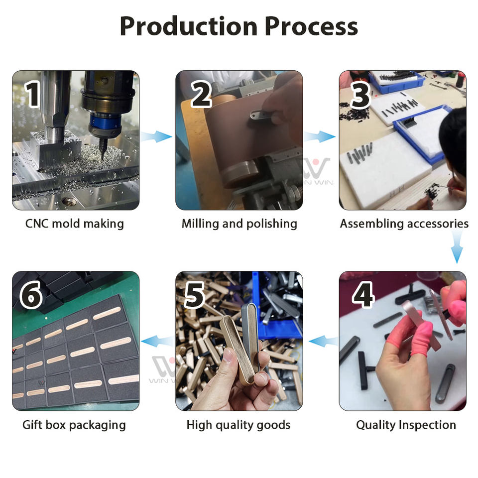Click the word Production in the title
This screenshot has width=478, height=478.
click(189, 26)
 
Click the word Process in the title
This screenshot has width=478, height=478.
click(311, 26)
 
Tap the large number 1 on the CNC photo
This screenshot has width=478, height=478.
click(32, 94)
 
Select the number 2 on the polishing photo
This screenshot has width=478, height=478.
click(201, 94)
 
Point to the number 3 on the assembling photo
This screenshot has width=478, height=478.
click(360, 95)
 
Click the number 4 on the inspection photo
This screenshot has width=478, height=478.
click(363, 294)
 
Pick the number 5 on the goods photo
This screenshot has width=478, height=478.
click(194, 295)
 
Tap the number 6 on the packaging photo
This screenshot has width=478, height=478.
click(31, 295)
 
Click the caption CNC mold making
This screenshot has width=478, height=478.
click(75, 224)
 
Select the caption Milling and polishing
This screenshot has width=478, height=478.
click(239, 224)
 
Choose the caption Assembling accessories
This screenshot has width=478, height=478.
click(404, 224)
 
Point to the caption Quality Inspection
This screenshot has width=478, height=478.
click(406, 425)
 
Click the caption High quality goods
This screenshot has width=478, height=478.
click(239, 425)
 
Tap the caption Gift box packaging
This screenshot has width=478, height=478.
click(74, 425)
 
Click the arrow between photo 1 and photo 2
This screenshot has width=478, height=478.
click(157, 136)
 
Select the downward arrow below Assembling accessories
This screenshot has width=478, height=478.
click(457, 246)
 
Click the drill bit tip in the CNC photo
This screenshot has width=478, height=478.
click(102, 159)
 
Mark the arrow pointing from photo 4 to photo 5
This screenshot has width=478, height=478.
click(323, 341)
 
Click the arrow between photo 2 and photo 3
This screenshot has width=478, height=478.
click(320, 136)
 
